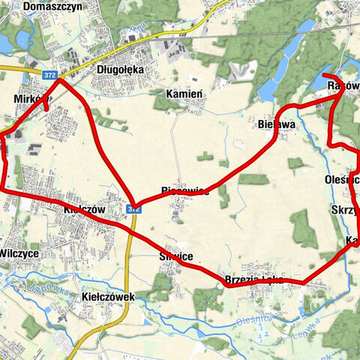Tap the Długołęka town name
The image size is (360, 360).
[120, 70]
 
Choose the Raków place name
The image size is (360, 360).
[343, 86]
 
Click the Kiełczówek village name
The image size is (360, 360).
[106, 297]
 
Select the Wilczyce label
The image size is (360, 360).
[19, 253]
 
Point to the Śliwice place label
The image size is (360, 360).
[176, 256]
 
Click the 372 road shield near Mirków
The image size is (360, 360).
[49, 75]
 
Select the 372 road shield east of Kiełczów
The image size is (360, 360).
[132, 208]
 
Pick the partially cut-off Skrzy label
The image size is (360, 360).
[344, 211]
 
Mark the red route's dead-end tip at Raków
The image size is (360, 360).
[323, 76]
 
